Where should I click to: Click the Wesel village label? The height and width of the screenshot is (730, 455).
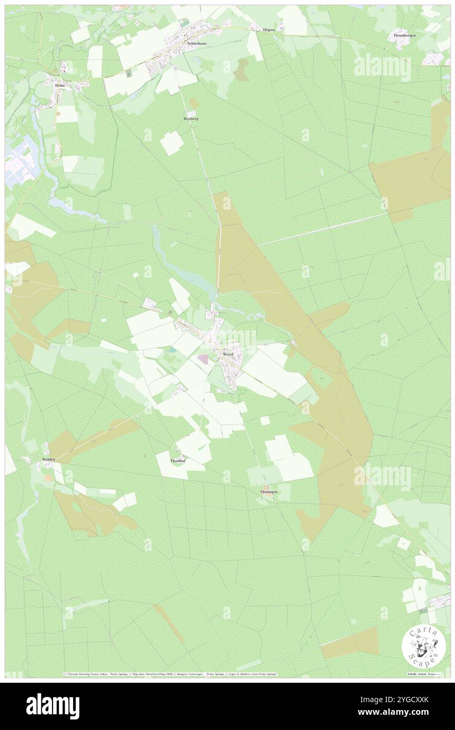click(227, 354)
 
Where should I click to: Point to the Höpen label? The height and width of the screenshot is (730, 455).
click(269, 30)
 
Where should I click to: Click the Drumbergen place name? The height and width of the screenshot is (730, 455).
click(405, 35)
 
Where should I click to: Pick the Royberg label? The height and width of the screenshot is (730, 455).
click(191, 119)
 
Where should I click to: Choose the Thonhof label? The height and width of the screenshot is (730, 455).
click(178, 461)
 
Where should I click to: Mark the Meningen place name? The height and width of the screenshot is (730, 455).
click(268, 492)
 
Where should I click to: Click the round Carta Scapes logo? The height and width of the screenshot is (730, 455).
click(423, 646)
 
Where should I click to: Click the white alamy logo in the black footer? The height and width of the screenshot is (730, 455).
click(53, 706)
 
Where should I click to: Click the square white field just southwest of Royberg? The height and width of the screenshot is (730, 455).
click(172, 143)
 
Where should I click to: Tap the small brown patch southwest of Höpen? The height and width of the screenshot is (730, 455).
click(242, 69)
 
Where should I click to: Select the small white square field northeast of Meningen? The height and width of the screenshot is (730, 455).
click(265, 420)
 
